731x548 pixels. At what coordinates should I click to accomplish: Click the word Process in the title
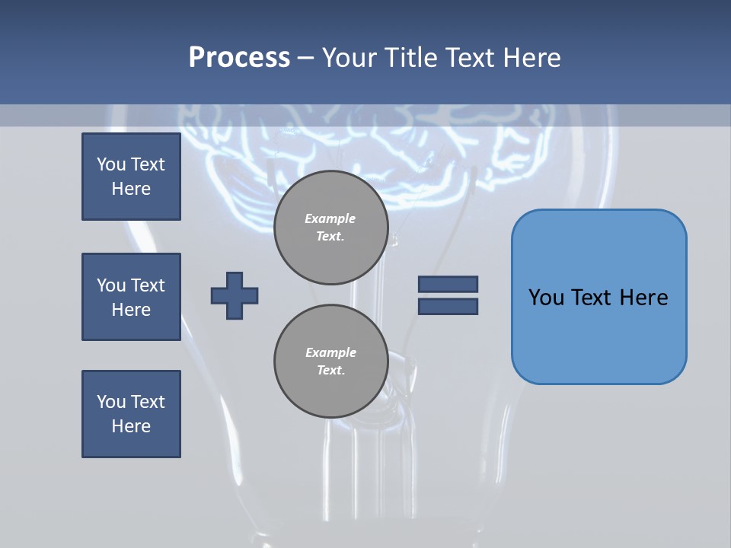239,58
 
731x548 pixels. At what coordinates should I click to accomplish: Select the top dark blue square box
131,177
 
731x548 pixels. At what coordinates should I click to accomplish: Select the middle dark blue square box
131,297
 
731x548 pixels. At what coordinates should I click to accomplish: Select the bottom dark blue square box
131,414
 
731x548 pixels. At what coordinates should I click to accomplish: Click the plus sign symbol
235,295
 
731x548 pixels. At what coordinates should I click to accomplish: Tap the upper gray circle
331,228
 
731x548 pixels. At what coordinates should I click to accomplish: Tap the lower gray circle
331,362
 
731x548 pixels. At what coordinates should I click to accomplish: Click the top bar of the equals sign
448,284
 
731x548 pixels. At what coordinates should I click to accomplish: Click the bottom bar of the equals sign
448,306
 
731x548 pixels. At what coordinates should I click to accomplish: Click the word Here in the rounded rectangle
643,298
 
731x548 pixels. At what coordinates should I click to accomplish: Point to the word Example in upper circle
330,218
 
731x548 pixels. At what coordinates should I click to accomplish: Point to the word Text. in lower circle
330,371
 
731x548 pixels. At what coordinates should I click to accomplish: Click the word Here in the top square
131,189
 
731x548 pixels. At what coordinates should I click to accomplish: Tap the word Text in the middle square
148,285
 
